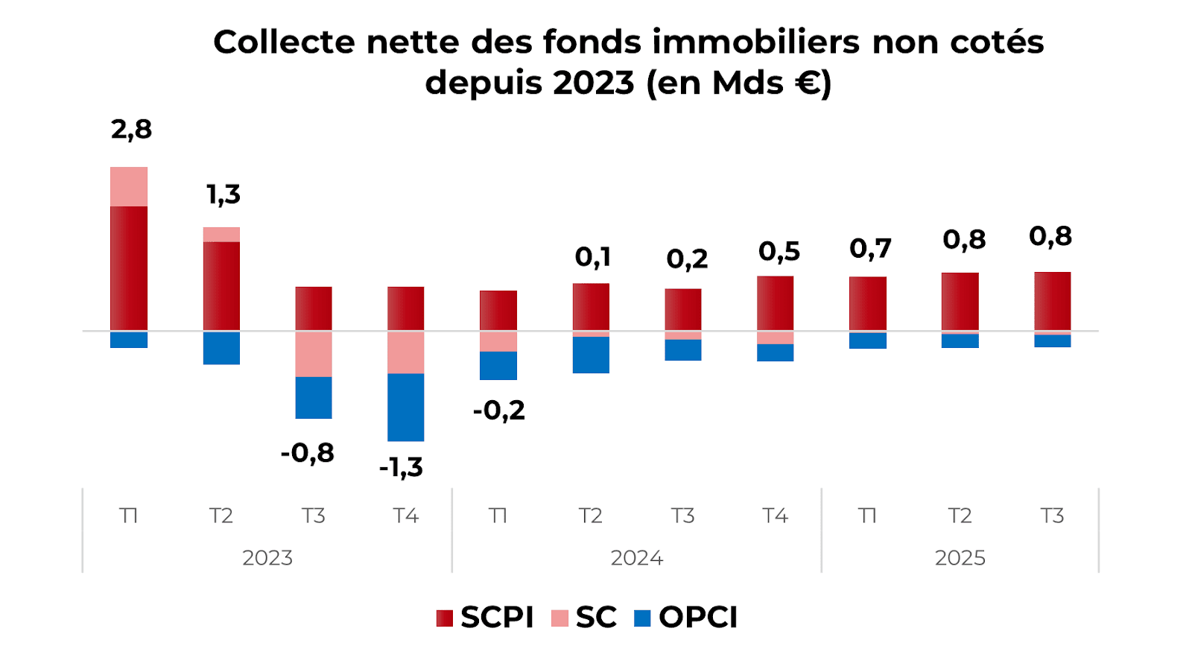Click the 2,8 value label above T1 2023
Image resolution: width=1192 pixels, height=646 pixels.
(x=131, y=130)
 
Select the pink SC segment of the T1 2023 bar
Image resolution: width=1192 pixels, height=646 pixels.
(x=129, y=186)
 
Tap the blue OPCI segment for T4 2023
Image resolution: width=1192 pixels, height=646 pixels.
(x=405, y=407)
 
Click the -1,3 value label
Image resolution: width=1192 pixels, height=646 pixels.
(x=401, y=468)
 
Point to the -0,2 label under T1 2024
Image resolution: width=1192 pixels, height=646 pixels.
(x=498, y=411)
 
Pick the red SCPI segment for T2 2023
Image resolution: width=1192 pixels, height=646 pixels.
(x=221, y=285)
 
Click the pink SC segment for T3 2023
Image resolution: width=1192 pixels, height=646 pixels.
(x=314, y=354)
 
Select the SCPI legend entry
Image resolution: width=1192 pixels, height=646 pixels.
(x=485, y=618)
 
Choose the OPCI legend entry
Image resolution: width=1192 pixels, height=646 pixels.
(x=686, y=618)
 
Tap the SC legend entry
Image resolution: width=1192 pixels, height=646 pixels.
(x=584, y=618)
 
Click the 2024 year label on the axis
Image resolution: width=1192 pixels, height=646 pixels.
(x=636, y=558)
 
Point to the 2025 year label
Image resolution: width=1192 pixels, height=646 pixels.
(x=960, y=558)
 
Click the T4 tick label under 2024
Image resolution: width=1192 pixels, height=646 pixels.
(x=775, y=516)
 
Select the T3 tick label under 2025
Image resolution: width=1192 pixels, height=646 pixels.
(x=1052, y=516)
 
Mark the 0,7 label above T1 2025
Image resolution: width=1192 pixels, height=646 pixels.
(x=870, y=249)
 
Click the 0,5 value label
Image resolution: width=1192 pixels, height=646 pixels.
(x=779, y=252)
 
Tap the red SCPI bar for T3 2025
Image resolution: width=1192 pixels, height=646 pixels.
(x=1052, y=301)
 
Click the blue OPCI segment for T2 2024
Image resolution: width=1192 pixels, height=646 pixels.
(x=591, y=355)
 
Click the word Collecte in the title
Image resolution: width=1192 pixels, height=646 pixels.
(x=284, y=42)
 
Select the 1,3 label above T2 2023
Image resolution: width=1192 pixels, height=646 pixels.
(x=223, y=195)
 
